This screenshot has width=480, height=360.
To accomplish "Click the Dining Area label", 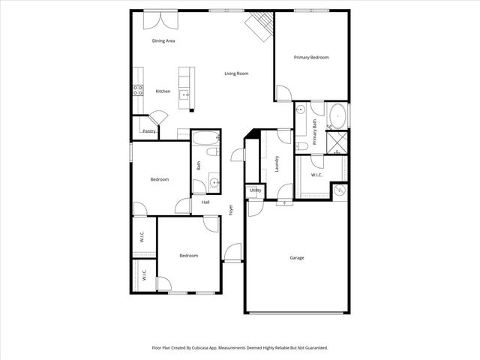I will click(x=163, y=40).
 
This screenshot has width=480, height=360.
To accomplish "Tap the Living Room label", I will click(x=237, y=73).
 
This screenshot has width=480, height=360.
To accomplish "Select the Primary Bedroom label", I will click(x=311, y=57).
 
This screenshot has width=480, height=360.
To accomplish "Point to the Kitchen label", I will click(x=163, y=91).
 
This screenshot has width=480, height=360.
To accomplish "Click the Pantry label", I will click(x=149, y=131).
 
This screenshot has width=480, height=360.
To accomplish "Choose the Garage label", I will click(x=297, y=258).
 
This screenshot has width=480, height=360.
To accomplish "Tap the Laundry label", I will click(x=277, y=163).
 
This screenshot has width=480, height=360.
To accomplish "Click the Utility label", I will click(x=255, y=190).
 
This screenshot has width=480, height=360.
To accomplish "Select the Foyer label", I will click(x=231, y=209).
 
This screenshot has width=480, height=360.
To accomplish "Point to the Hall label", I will click(x=205, y=202).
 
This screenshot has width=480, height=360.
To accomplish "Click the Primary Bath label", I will click(x=315, y=133).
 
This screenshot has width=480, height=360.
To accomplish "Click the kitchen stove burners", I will click(x=138, y=91).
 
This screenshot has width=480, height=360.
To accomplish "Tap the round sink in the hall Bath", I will click(x=214, y=181).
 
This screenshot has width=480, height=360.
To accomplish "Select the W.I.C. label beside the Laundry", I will click(x=316, y=175).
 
